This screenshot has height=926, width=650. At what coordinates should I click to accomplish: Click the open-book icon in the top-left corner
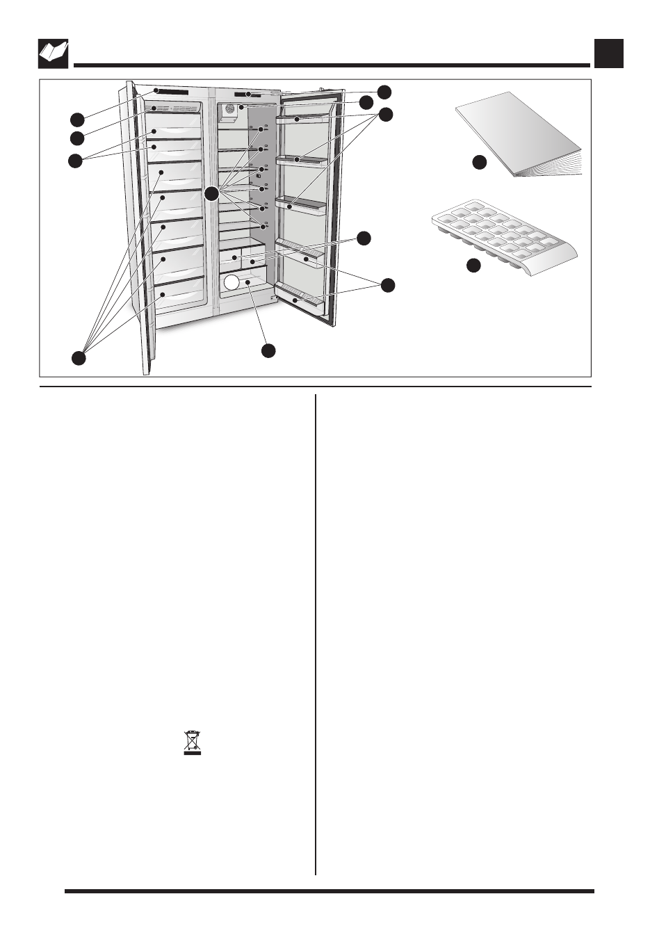(x=53, y=54)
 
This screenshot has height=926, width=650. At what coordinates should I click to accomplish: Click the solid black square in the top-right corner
(x=609, y=54)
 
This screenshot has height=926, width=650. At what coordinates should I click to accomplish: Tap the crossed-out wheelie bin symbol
(x=193, y=743)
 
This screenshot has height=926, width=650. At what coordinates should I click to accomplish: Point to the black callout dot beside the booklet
(x=478, y=163)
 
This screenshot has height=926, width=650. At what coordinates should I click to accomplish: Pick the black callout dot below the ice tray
(x=473, y=266)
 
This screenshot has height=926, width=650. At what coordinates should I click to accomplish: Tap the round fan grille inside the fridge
(x=229, y=109)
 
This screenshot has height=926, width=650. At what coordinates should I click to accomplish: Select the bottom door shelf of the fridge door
(x=300, y=298)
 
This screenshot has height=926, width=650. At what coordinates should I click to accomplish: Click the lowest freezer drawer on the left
(x=179, y=294)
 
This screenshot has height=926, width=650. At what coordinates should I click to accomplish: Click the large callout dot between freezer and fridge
(x=212, y=193)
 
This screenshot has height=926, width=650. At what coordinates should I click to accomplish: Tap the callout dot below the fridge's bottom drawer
(x=268, y=351)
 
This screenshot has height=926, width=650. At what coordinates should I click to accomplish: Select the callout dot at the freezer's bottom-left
(x=79, y=358)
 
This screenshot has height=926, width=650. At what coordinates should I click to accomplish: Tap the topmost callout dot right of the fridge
(x=384, y=91)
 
